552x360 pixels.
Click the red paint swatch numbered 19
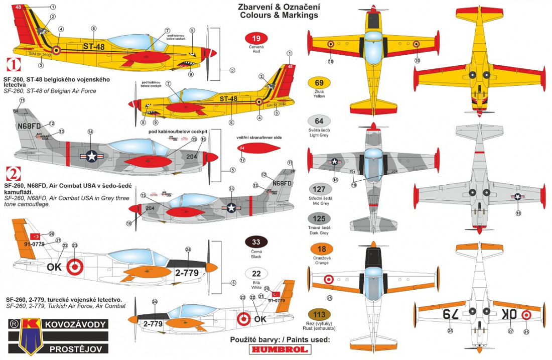[x=256, y=38]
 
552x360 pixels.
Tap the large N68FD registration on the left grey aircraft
[x=29, y=126]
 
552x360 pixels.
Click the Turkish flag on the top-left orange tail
[x=36, y=236]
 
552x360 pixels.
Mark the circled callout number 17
[x=242, y=160]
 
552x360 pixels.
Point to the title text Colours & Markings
[x=279, y=16]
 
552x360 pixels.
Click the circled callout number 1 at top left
[x=53, y=7]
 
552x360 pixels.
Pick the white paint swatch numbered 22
[x=256, y=274]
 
